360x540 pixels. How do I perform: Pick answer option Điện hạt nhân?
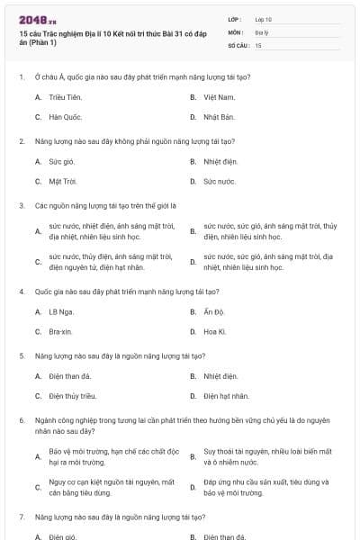225,396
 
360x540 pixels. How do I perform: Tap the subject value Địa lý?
262,31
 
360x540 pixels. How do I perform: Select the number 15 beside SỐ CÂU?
258,44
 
